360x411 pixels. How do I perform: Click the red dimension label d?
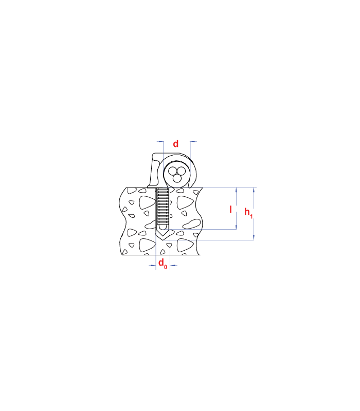click(175, 144)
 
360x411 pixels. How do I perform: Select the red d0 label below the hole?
click(163, 263)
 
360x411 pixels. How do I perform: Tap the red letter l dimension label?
click(230, 210)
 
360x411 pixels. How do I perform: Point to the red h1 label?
click(248, 213)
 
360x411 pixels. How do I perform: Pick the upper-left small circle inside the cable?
click(172, 171)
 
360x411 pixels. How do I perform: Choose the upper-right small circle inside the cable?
click(182, 171)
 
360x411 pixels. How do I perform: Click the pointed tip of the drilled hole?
click(163, 239)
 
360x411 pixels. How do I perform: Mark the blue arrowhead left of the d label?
click(160, 142)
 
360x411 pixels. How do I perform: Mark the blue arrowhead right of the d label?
click(193, 142)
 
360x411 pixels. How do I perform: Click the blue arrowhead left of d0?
click(153, 265)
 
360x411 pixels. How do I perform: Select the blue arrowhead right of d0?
click(173, 265)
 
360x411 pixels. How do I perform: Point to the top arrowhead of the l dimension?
click(236, 191)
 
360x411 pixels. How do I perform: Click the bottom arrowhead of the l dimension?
click(236, 227)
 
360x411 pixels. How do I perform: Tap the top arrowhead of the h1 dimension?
click(254, 191)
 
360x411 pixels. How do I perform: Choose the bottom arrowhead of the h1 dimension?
click(254, 237)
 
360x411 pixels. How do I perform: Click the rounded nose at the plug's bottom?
click(163, 227)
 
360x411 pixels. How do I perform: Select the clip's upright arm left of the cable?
click(155, 171)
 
